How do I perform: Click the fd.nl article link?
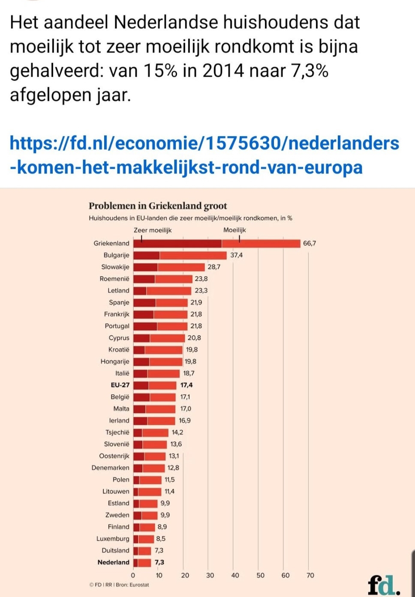204,155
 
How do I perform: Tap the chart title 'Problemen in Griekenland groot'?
157,206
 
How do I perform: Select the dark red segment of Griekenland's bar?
177,244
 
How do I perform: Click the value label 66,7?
309,244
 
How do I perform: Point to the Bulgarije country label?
116,255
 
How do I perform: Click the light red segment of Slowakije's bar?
181,267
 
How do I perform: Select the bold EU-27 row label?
120,385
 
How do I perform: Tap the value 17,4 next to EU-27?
186,385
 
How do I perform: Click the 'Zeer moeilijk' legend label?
153,230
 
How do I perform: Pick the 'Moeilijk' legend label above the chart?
235,230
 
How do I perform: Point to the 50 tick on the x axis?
260,576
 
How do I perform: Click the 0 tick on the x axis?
133,576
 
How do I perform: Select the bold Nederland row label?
113,562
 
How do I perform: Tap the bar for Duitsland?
142,551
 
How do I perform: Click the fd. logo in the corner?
383,585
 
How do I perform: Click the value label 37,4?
236,255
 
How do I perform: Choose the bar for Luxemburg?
144,539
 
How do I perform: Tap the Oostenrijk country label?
114,456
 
